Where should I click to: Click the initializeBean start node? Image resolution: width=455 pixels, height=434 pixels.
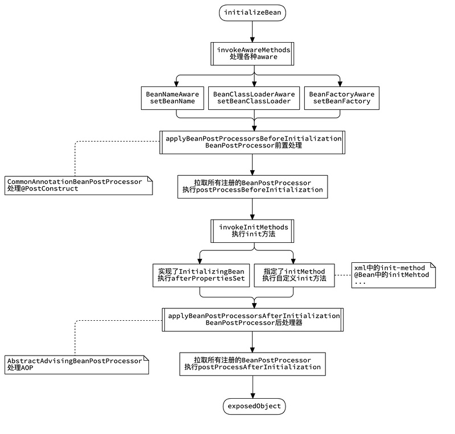[253, 13]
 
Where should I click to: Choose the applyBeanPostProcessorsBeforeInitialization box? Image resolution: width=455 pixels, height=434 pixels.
[253, 142]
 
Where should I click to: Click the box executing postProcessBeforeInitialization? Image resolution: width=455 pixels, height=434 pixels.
[253, 186]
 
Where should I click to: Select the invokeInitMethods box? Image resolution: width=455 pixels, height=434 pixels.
[253, 230]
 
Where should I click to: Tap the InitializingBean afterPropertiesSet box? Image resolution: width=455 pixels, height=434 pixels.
[201, 275]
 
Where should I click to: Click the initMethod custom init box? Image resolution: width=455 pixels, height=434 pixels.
[294, 275]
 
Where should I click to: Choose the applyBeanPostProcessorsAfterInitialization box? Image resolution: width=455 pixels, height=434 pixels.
[253, 319]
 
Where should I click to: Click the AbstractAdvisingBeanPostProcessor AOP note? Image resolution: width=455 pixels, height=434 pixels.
[77, 365]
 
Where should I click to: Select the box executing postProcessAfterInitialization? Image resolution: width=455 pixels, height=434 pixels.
[253, 363]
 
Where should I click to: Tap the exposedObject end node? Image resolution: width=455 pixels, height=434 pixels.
[253, 406]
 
